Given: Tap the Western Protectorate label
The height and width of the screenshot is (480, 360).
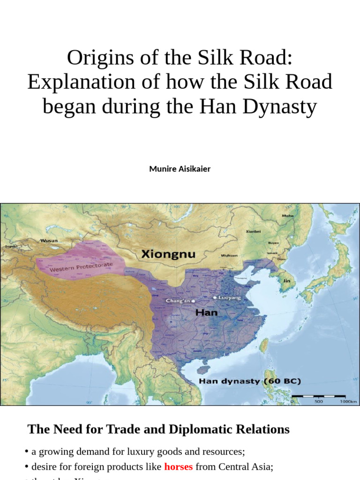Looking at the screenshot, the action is [x=81, y=268].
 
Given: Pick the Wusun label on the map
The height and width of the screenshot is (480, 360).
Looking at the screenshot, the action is [x=49, y=240].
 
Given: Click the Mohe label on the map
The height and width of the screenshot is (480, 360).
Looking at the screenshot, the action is [x=287, y=216].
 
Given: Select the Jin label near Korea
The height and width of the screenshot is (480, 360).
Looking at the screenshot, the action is [x=286, y=281].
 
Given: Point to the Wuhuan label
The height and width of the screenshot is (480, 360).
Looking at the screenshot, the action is [x=229, y=255].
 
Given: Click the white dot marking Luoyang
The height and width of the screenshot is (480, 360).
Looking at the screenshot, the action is [x=215, y=297].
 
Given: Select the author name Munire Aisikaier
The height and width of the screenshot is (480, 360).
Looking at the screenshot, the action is [x=180, y=169].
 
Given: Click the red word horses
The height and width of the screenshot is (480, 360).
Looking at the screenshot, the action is [x=178, y=466].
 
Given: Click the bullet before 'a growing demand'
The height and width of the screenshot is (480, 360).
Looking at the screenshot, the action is [x=27, y=451].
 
